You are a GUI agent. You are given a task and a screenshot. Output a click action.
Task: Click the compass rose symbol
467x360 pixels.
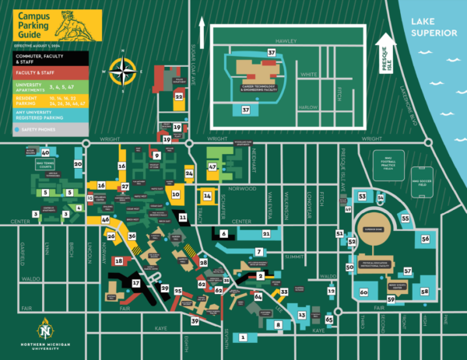pyautogui.click(x=122, y=72)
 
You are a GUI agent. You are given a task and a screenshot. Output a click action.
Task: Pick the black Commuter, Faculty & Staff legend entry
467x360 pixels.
pyautogui.click(x=43, y=57)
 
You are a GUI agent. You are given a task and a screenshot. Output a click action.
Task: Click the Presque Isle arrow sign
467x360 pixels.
pyautogui.click(x=383, y=55)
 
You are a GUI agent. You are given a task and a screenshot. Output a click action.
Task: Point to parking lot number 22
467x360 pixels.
pyautogui.click(x=179, y=97)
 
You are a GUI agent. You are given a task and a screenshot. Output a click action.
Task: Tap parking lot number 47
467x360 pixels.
pyautogui.click(x=212, y=166)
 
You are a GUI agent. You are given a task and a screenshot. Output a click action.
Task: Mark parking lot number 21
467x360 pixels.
pyautogui.click(x=266, y=232)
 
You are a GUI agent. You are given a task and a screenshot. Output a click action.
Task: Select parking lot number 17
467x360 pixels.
pyautogui.click(x=136, y=284)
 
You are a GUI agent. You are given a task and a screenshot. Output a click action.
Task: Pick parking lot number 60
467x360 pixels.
pyautogui.click(x=363, y=292)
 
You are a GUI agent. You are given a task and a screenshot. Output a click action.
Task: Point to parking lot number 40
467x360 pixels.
pyautogui.click(x=46, y=152)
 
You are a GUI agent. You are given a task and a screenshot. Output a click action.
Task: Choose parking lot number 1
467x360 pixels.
pyautogui.click(x=244, y=337)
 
